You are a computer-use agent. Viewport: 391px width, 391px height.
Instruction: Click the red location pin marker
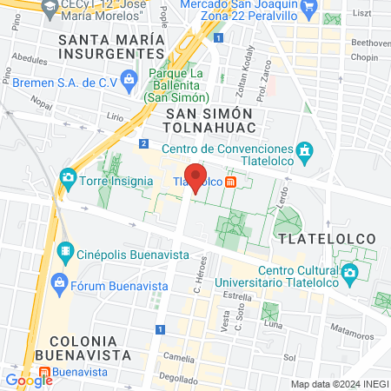196,177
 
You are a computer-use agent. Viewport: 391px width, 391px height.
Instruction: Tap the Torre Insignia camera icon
67,178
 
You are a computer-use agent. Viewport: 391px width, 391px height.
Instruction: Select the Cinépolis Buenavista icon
66,253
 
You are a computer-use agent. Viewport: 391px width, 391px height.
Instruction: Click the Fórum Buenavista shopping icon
59,282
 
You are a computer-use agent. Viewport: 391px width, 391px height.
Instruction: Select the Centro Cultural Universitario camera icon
349,275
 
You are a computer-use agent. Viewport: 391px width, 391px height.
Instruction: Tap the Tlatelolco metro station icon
230,182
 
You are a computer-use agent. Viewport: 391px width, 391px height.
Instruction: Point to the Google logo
29,380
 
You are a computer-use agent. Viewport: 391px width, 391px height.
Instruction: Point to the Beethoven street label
369,43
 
